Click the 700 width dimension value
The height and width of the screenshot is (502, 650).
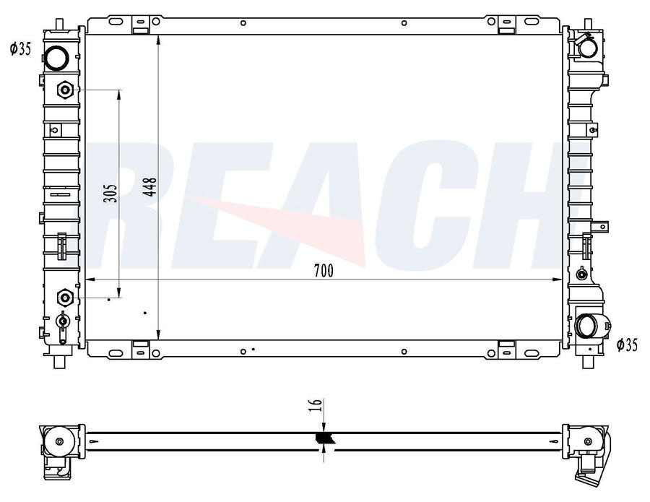tap(324, 271)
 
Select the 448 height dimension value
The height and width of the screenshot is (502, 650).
tap(150, 186)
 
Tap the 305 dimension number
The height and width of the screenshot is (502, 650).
tap(110, 193)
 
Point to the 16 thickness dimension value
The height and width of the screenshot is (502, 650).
tap(316, 404)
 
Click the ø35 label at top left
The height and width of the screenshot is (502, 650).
tap(20, 49)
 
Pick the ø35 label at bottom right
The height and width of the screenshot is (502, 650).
tap(627, 345)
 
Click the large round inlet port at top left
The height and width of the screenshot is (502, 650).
tap(57, 58)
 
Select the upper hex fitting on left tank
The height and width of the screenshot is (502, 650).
tap(65, 90)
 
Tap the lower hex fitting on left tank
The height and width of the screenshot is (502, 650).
tap(65, 298)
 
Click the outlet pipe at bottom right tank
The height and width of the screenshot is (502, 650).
tap(589, 326)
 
